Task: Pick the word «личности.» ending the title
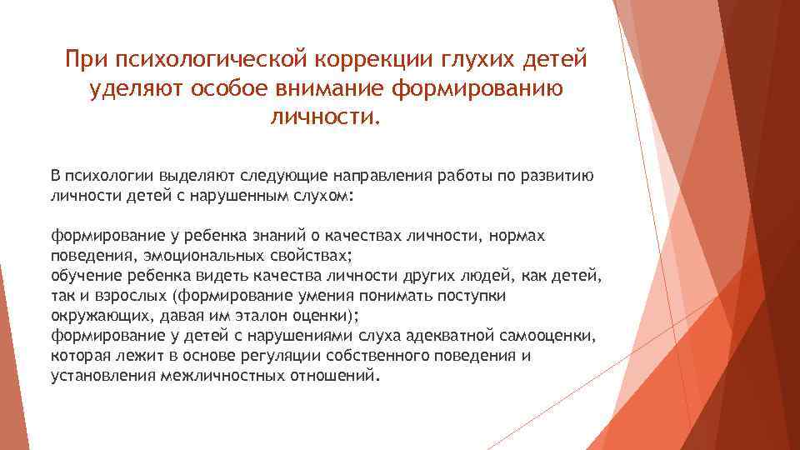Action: pyautogui.click(x=325, y=116)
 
